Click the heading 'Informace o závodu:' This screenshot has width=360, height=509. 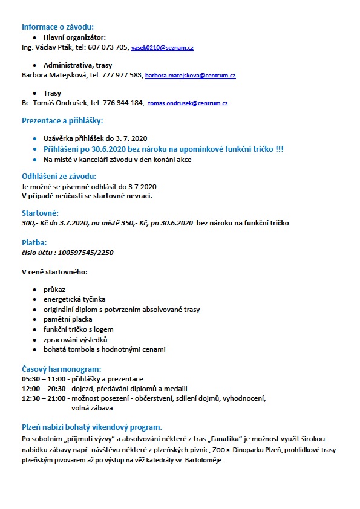[57, 27]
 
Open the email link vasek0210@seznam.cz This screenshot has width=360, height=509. [162, 47]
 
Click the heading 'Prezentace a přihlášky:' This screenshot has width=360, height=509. [62, 121]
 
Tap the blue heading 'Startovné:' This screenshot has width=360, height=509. [40, 213]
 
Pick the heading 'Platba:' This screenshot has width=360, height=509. [34, 242]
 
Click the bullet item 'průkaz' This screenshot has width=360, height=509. [54, 290]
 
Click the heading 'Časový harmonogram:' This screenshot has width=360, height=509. [61, 369]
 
